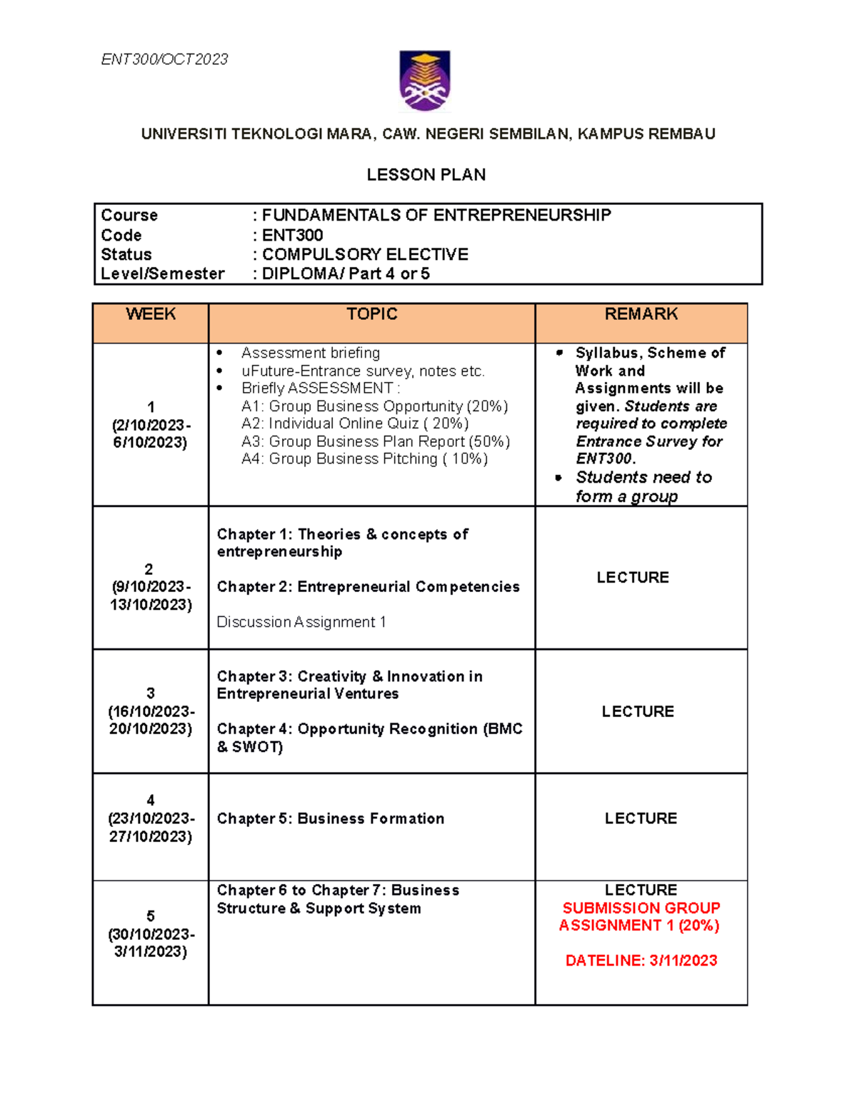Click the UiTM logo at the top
click(x=425, y=81)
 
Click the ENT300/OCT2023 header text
click(x=164, y=59)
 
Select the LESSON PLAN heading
click(x=426, y=175)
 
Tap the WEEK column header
click(x=151, y=314)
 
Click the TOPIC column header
click(x=371, y=314)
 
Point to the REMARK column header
click(x=641, y=314)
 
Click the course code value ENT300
click(x=292, y=235)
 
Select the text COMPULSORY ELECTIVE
click(x=365, y=254)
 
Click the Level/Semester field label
click(x=163, y=274)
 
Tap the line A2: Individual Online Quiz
click(x=355, y=423)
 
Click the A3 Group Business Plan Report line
click(x=375, y=441)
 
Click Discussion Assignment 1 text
click(x=301, y=622)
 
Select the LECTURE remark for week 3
click(x=638, y=711)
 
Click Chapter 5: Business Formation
click(x=331, y=818)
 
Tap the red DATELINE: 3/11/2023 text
click(x=641, y=960)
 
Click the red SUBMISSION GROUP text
click(x=641, y=908)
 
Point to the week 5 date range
click(x=151, y=943)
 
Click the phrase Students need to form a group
click(x=643, y=486)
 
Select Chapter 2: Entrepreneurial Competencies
click(x=368, y=587)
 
